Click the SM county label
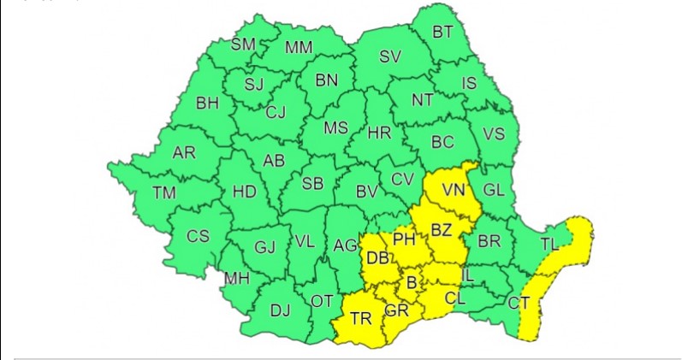pos(244,44)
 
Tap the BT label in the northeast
pos(442,32)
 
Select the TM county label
pos(163,193)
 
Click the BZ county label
pos(441,230)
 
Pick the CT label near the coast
pos(519,303)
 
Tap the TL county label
pos(549,245)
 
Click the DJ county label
pos(281,310)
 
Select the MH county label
pos(236,279)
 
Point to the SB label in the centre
pos(312,183)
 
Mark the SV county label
pos(390,57)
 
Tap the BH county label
pos(208,103)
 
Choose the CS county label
pos(198,235)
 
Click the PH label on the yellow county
pos(404,239)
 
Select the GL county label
pos(494,190)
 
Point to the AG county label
pos(345,245)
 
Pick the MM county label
pos(299,48)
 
